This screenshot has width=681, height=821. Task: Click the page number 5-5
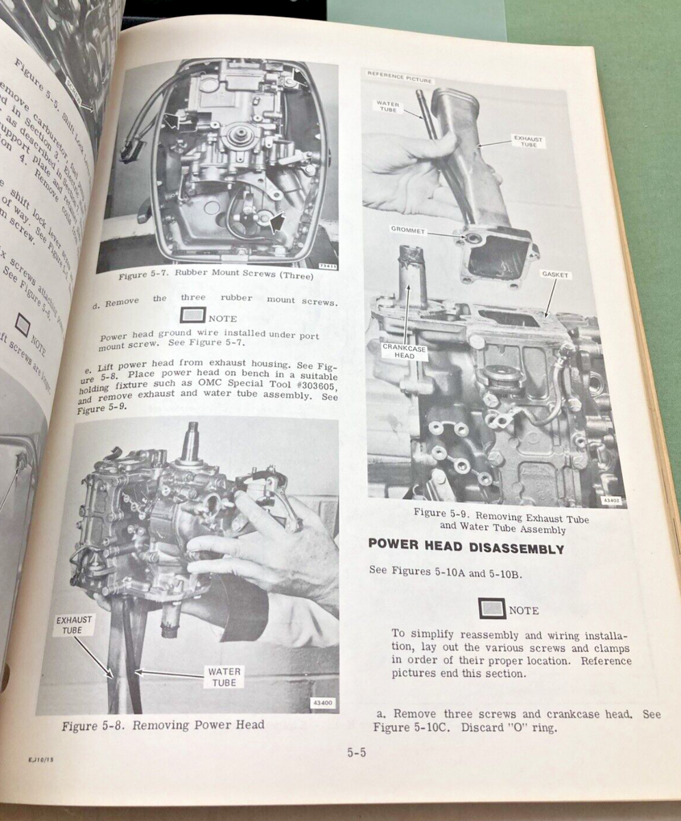click(x=357, y=753)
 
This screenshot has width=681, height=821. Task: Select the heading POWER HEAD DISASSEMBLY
click(x=465, y=548)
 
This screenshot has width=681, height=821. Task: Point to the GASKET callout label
click(x=554, y=275)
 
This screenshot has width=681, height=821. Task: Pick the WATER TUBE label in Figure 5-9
click(x=387, y=107)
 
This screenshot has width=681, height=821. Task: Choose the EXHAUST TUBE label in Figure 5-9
click(x=528, y=142)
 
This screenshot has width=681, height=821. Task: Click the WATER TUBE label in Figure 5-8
click(x=224, y=677)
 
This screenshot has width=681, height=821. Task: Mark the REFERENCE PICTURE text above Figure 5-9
click(x=400, y=77)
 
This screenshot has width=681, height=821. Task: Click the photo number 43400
click(x=321, y=703)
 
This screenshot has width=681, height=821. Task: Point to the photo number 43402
click(x=610, y=500)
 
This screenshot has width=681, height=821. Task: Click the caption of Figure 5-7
click(x=215, y=276)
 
